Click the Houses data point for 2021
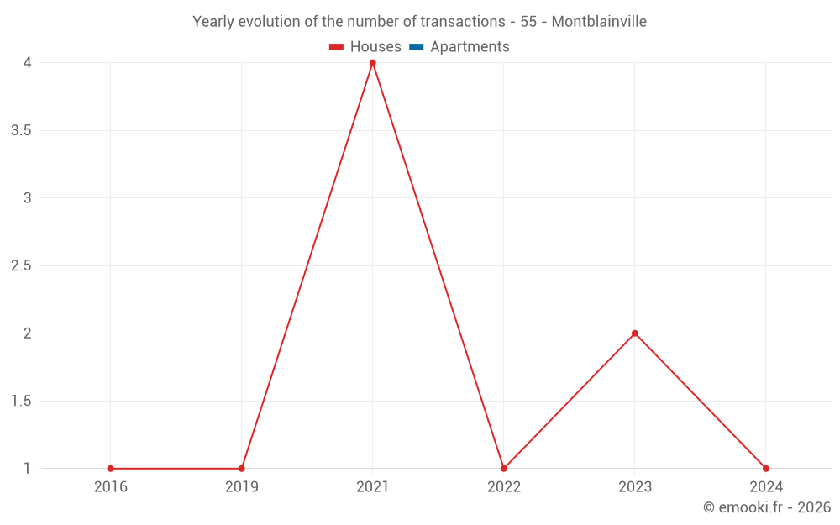point(373,63)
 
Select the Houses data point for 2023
point(635,333)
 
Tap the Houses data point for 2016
point(111,469)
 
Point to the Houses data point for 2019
point(242,469)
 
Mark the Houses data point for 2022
point(504,469)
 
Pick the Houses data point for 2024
point(766,469)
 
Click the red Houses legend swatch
point(337,47)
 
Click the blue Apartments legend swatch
point(416,47)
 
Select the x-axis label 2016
point(111,486)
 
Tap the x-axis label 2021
point(373,486)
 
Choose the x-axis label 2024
point(766,486)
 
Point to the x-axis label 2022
point(504,486)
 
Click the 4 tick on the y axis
point(28,63)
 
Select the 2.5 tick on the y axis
point(22,266)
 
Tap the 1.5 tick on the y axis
point(22,401)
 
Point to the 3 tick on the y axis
point(28,198)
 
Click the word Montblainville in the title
point(599,22)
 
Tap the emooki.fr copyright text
point(767,507)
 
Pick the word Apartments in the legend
point(470,47)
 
